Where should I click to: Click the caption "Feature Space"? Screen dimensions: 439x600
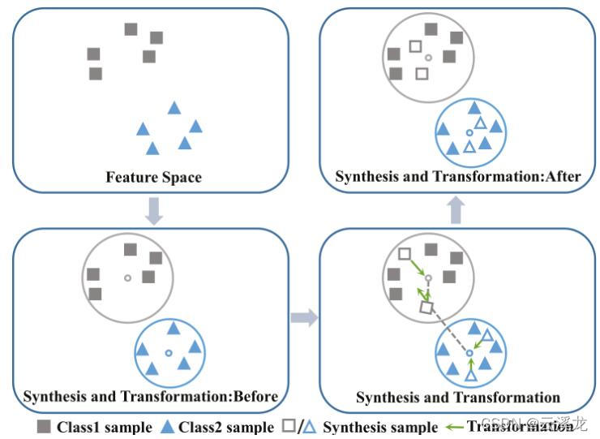tap(153, 177)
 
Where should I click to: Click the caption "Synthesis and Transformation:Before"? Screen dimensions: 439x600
tap(151, 397)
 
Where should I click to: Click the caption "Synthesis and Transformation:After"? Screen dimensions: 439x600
tap(458, 176)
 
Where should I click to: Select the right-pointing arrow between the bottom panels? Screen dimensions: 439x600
tap(304, 317)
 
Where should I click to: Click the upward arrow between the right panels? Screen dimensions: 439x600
tap(457, 210)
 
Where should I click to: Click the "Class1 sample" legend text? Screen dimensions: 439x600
tap(104, 427)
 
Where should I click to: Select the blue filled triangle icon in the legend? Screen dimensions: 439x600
tap(166, 426)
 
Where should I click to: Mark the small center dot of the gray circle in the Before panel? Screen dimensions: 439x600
tap(127, 278)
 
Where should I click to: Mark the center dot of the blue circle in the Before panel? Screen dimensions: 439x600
tap(168, 353)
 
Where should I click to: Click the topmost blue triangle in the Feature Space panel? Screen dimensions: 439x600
tap(174, 107)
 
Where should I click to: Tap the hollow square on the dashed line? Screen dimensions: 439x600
tap(427, 308)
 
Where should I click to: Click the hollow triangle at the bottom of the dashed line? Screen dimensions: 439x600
tap(471, 375)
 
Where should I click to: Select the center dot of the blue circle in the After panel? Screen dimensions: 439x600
tap(469, 132)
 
